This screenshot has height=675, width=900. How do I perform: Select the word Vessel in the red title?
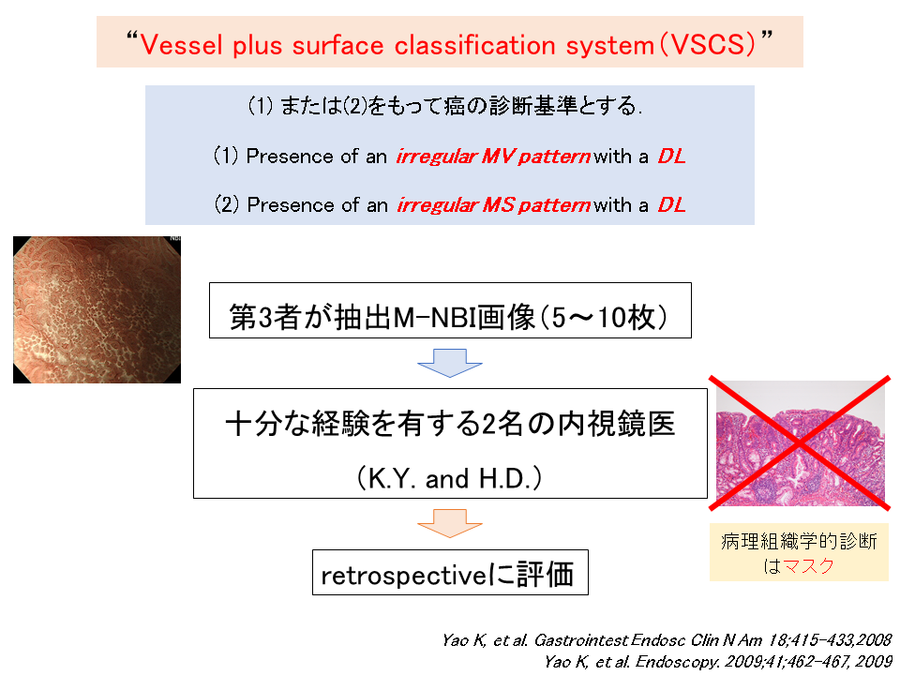point(181,45)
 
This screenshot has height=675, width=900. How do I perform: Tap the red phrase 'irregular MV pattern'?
point(493,157)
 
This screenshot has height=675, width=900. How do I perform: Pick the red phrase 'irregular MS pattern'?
point(494,205)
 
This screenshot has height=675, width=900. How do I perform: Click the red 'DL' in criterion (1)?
point(671,157)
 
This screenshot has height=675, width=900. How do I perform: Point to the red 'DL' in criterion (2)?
point(671,205)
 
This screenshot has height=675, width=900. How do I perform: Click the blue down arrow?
point(449,363)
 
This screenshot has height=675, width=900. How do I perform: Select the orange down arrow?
point(449,523)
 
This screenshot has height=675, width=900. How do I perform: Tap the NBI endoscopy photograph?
point(97,310)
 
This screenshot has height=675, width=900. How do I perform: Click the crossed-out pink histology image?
point(800,443)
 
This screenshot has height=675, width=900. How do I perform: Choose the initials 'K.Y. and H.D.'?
point(450,479)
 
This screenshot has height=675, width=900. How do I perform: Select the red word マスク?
point(808,566)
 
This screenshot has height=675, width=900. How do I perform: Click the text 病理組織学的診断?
point(799,541)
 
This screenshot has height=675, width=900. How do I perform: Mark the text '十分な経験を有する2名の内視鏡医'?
point(450,424)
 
